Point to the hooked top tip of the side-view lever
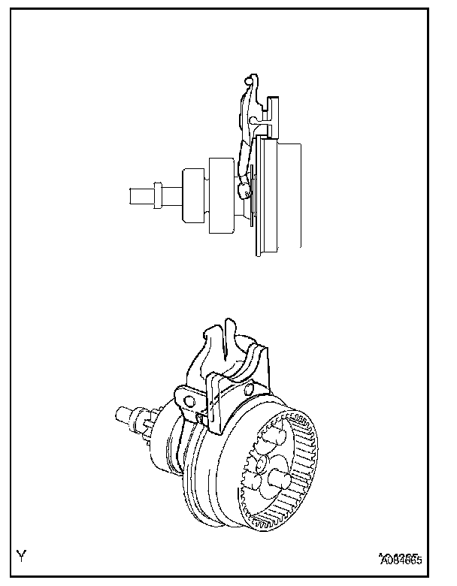250,80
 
